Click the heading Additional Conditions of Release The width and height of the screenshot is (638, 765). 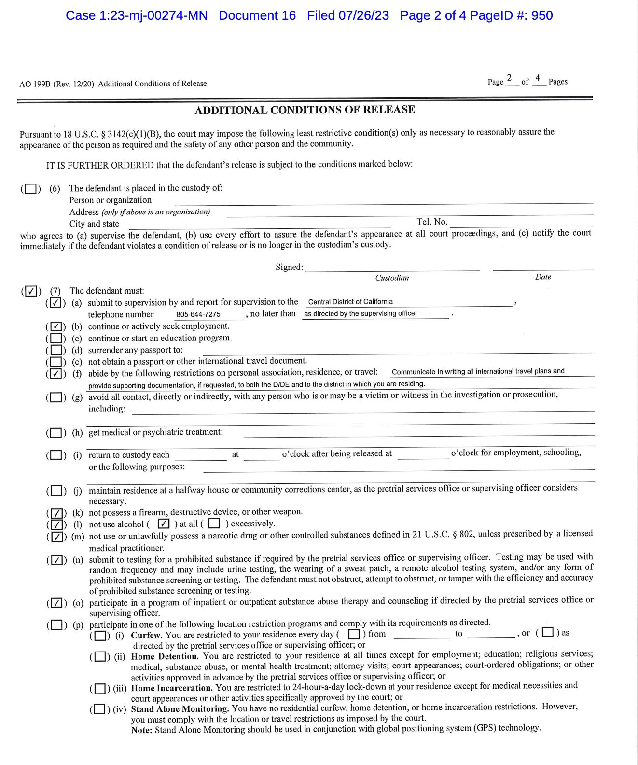(305, 110)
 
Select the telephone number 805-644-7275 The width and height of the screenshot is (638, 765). (198, 314)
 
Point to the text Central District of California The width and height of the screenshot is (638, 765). (350, 302)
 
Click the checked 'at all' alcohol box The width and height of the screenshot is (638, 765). (164, 524)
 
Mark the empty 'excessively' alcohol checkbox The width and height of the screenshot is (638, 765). (214, 524)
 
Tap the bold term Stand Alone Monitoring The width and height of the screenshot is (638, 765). (180, 709)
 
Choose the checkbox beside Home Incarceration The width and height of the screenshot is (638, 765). (99, 688)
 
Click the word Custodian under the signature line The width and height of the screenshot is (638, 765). (392, 278)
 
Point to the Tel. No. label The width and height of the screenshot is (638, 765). (432, 222)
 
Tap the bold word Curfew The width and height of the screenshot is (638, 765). (147, 635)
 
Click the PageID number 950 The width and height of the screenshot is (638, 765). (542, 15)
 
